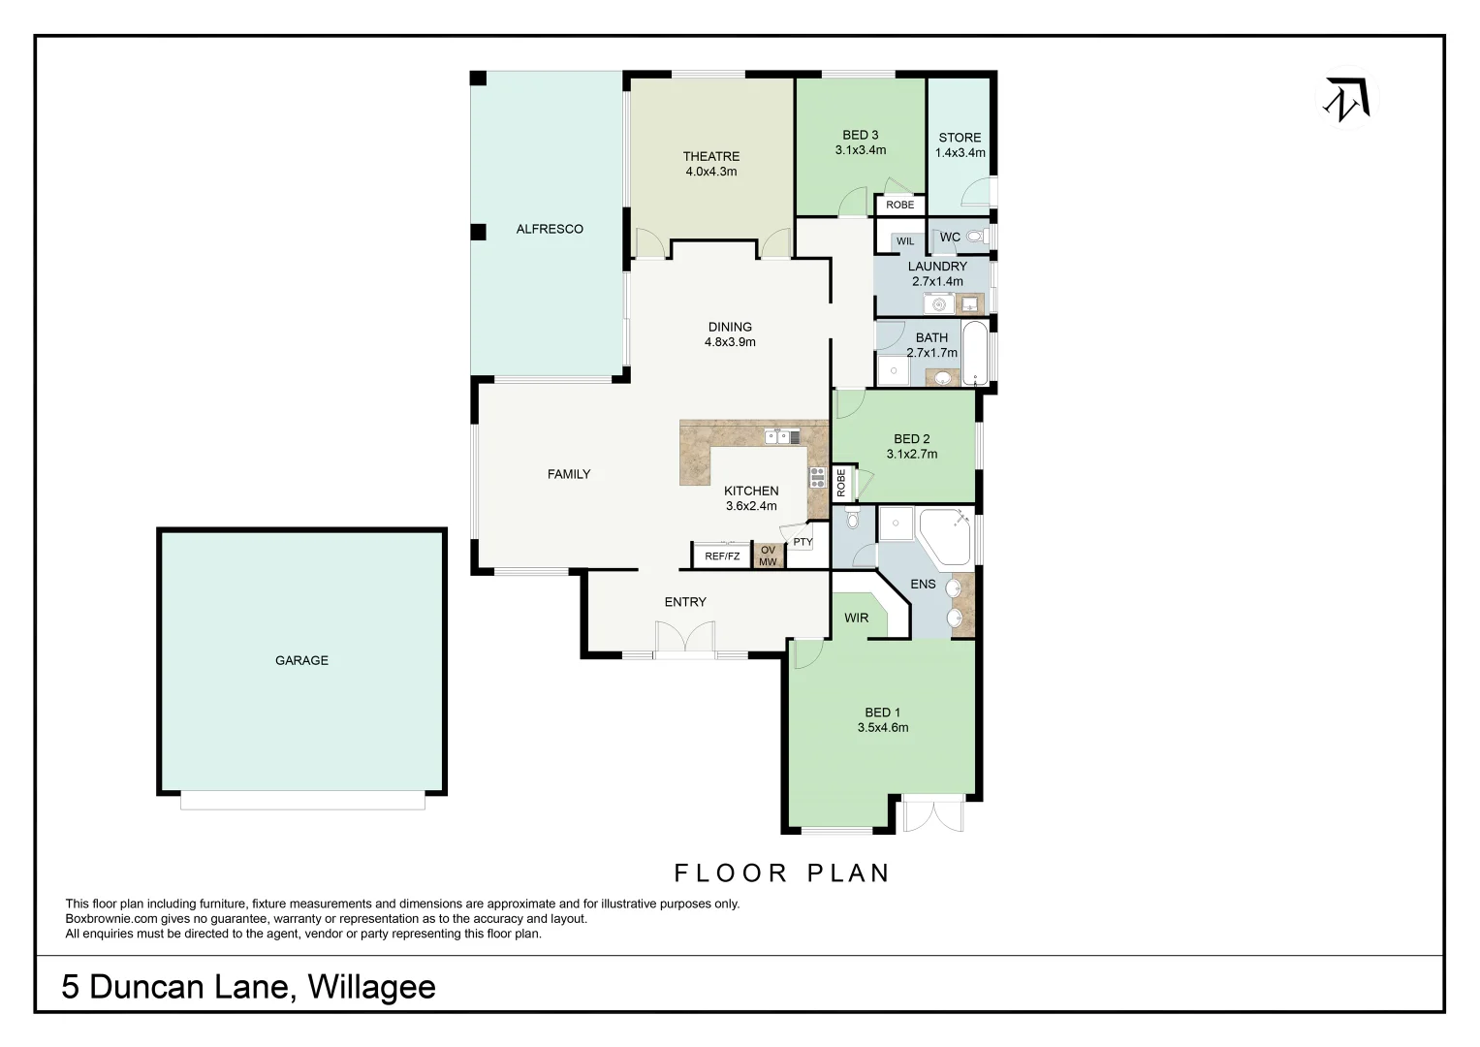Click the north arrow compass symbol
click(x=1346, y=98)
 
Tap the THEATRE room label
click(x=710, y=156)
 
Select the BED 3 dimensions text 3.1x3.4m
click(x=860, y=150)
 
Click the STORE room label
click(x=960, y=138)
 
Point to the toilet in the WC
click(x=974, y=236)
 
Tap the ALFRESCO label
click(x=550, y=229)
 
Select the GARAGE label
click(x=301, y=660)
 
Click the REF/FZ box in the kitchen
click(x=722, y=556)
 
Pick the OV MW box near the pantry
click(x=768, y=556)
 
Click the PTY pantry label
click(x=803, y=542)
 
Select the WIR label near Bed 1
click(x=856, y=618)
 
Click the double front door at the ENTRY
click(x=684, y=641)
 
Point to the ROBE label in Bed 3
click(x=899, y=205)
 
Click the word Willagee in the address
click(x=371, y=987)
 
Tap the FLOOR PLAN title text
click(x=781, y=872)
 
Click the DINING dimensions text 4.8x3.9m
click(x=730, y=342)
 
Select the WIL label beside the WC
click(x=904, y=241)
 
